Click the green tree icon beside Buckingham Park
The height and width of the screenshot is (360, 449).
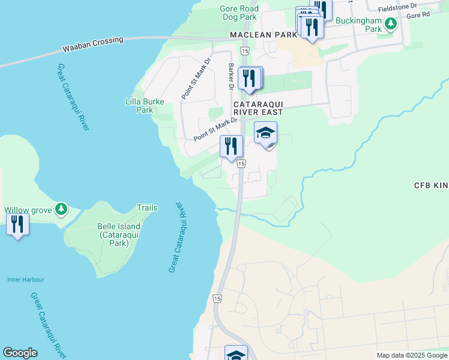pyautogui.click(x=391, y=25)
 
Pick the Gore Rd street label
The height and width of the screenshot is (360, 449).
pyautogui.click(x=418, y=14)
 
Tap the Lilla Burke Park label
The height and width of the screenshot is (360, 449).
pyautogui.click(x=145, y=106)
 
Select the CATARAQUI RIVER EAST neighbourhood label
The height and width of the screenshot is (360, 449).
pyautogui.click(x=263, y=107)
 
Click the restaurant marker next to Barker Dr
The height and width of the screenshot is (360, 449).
pyautogui.click(x=250, y=78)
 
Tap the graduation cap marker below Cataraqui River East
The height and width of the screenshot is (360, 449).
pyautogui.click(x=265, y=133)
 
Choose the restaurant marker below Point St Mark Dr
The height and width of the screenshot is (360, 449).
pyautogui.click(x=231, y=146)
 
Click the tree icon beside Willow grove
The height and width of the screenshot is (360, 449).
pyautogui.click(x=60, y=209)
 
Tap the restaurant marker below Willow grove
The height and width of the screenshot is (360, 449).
pyautogui.click(x=17, y=224)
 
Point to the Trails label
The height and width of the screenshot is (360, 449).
pyautogui.click(x=146, y=208)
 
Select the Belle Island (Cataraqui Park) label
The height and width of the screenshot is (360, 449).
pyautogui.click(x=119, y=231)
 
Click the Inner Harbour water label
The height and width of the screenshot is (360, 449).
pyautogui.click(x=25, y=280)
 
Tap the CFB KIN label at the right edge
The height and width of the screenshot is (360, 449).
pyautogui.click(x=431, y=185)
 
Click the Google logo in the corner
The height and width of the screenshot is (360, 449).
pyautogui.click(x=20, y=353)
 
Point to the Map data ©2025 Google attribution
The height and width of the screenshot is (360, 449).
pyautogui.click(x=411, y=355)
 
